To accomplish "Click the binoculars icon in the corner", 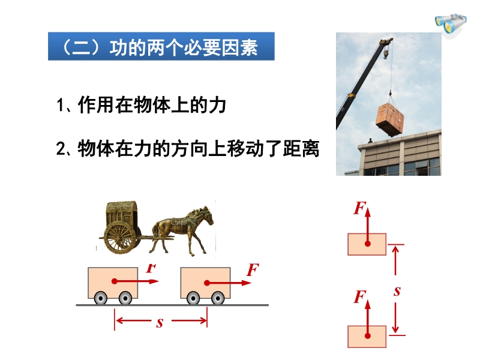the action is (x=451, y=24).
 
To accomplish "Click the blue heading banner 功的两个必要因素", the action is (x=161, y=46).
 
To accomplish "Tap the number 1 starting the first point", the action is (x=61, y=105).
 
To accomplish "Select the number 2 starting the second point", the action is (x=61, y=149).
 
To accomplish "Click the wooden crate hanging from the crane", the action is (x=389, y=119).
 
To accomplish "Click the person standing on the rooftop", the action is (x=370, y=140).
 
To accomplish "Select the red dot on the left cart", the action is (x=115, y=281).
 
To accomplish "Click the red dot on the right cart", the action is (x=207, y=283).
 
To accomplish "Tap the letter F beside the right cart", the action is (x=253, y=269).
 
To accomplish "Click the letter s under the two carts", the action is (x=160, y=323).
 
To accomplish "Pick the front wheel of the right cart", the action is (x=218, y=298).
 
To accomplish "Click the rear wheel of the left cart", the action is (x=101, y=298).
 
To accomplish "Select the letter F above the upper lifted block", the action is (x=360, y=208).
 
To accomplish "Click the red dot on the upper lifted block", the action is (x=368, y=244).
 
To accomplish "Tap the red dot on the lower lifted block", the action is (x=368, y=336).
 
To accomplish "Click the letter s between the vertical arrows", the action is (x=397, y=291).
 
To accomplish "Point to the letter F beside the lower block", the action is (x=360, y=297).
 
